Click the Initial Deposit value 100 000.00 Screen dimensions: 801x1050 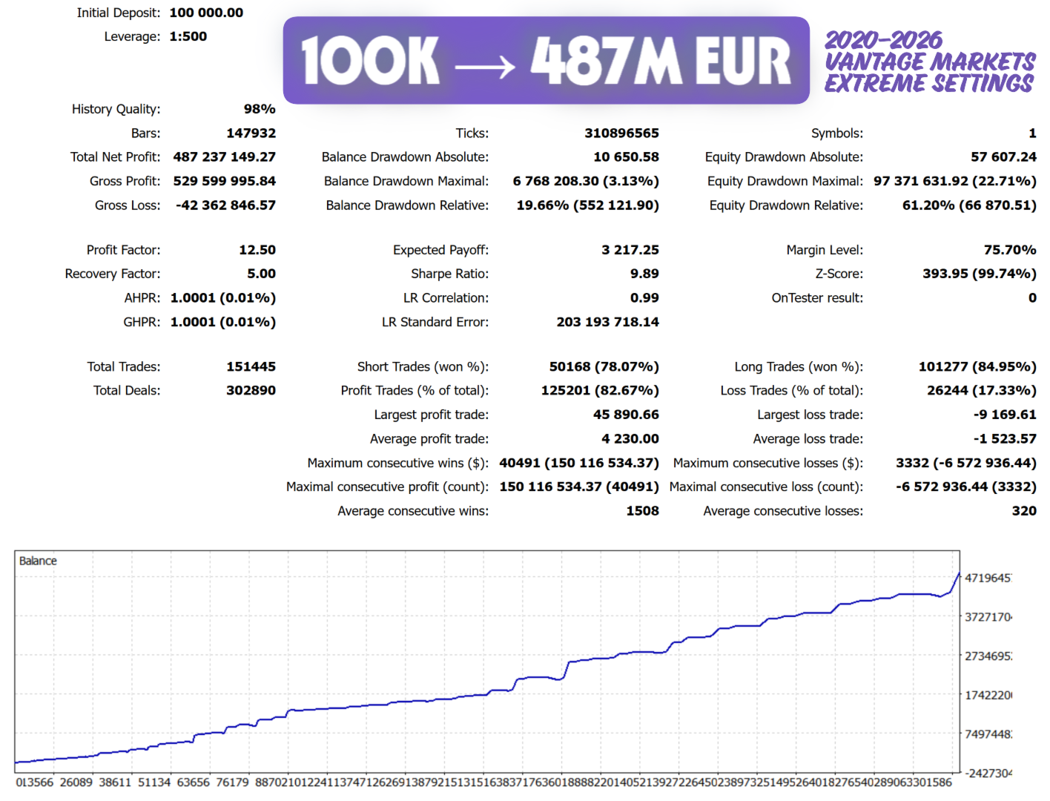coord(206,13)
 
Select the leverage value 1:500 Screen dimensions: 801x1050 coord(188,36)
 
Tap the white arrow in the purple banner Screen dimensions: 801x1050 coord(485,67)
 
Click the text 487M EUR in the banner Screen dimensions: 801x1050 coord(661,62)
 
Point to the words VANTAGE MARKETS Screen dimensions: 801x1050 coord(930,62)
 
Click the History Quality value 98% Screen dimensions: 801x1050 coord(260,109)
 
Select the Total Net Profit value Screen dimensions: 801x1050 coord(224,157)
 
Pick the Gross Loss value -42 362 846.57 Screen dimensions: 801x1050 coord(225,205)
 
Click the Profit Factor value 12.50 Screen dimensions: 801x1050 coord(257,250)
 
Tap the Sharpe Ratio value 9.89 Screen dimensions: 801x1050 coord(644,274)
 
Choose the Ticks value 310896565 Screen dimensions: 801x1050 coord(621,133)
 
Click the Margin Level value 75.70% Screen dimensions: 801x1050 coord(1010,250)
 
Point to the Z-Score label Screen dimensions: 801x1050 coord(839,274)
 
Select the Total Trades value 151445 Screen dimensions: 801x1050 coord(251,366)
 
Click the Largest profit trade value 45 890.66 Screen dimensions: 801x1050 coord(626,415)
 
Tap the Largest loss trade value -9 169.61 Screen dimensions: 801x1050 coord(1005,415)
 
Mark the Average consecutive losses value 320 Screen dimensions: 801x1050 coord(1024,511)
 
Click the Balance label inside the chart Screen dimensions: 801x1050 coord(38,561)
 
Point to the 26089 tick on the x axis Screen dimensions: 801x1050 coord(76,782)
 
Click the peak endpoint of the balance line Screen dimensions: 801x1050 coord(959,573)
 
